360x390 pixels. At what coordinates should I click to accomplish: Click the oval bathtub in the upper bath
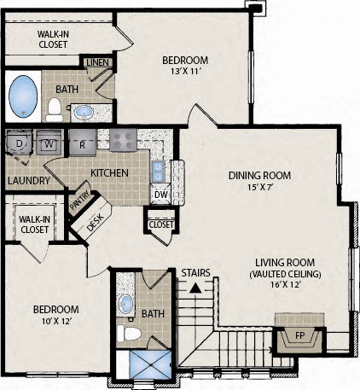(x=23, y=96)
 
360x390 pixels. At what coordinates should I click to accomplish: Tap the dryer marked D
(x=19, y=143)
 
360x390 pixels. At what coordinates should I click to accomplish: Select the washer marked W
(x=49, y=143)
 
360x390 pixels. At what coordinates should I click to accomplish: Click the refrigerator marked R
(x=83, y=143)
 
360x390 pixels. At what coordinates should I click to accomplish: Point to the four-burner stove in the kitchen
(x=123, y=139)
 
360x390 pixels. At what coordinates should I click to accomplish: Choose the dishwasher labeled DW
(x=160, y=195)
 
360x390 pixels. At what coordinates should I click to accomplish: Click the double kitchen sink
(x=157, y=172)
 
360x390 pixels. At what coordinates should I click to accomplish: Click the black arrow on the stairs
(x=195, y=288)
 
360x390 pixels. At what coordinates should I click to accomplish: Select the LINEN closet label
(x=97, y=62)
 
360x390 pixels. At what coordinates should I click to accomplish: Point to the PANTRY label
(x=80, y=201)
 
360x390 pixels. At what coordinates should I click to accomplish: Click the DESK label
(x=95, y=222)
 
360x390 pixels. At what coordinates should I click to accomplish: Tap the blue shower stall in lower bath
(x=150, y=364)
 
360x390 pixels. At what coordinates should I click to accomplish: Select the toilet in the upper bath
(x=55, y=110)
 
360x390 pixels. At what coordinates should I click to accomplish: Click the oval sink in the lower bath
(x=125, y=304)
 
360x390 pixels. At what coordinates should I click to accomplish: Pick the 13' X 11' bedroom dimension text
(x=186, y=71)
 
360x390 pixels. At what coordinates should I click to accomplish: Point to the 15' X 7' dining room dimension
(x=259, y=187)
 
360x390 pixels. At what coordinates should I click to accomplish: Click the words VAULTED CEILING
(x=285, y=274)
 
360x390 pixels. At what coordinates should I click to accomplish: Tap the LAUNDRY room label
(x=29, y=180)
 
